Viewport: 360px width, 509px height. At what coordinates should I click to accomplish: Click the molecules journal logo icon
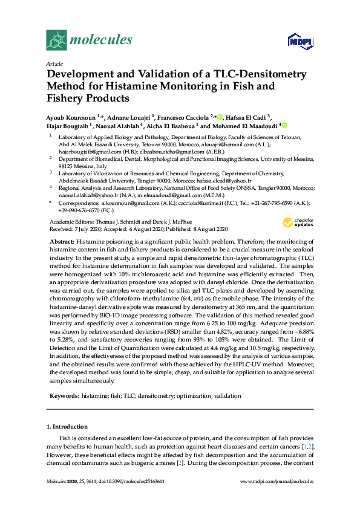point(57,40)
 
